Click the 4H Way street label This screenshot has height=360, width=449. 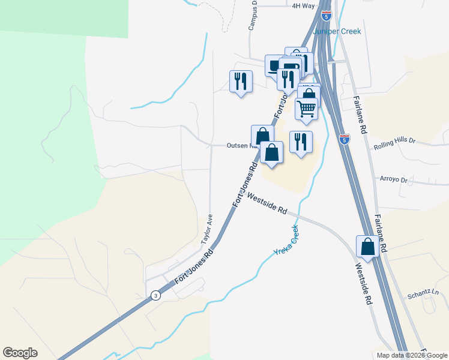(303, 6)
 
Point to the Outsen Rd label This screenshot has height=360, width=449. (241, 146)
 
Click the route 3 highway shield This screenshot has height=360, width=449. (156, 295)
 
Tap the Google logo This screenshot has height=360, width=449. (20, 353)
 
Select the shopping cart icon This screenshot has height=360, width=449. (306, 109)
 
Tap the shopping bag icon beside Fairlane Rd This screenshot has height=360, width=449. (367, 246)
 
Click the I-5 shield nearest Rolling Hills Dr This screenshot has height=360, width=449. (344, 139)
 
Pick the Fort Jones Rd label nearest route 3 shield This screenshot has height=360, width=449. (193, 268)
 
